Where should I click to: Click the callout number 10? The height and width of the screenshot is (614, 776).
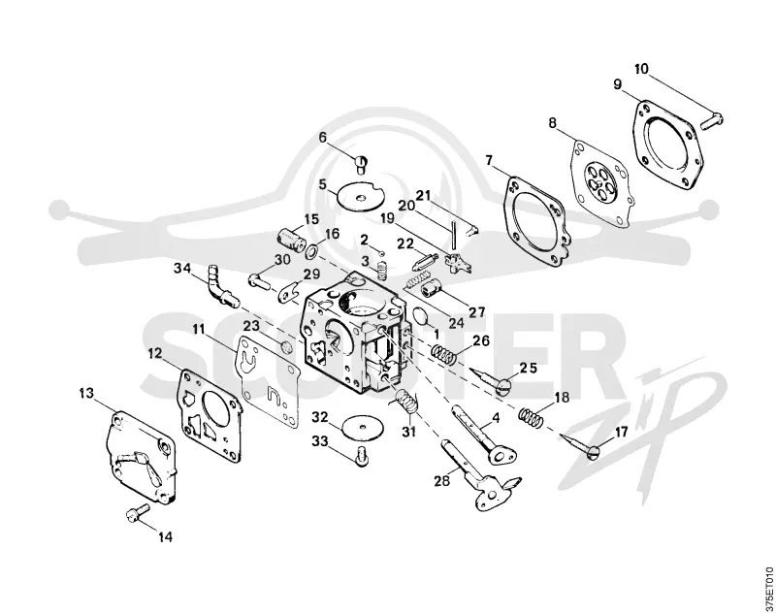tap(641, 69)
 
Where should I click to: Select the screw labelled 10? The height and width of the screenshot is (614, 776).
tap(712, 119)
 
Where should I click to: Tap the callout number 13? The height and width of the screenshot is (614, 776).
tap(86, 394)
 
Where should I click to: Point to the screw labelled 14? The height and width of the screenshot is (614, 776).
tap(137, 512)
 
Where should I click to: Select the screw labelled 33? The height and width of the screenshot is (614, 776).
tap(362, 456)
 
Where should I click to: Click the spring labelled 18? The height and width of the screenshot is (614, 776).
tap(531, 416)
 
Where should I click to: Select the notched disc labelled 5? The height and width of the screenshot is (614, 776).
tap(361, 198)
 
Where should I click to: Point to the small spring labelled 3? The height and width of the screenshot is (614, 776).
tap(381, 270)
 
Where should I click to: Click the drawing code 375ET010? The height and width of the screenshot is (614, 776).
tap(767, 588)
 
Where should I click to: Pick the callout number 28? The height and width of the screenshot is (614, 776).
tap(442, 480)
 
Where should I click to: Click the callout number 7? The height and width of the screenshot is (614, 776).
tap(490, 160)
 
